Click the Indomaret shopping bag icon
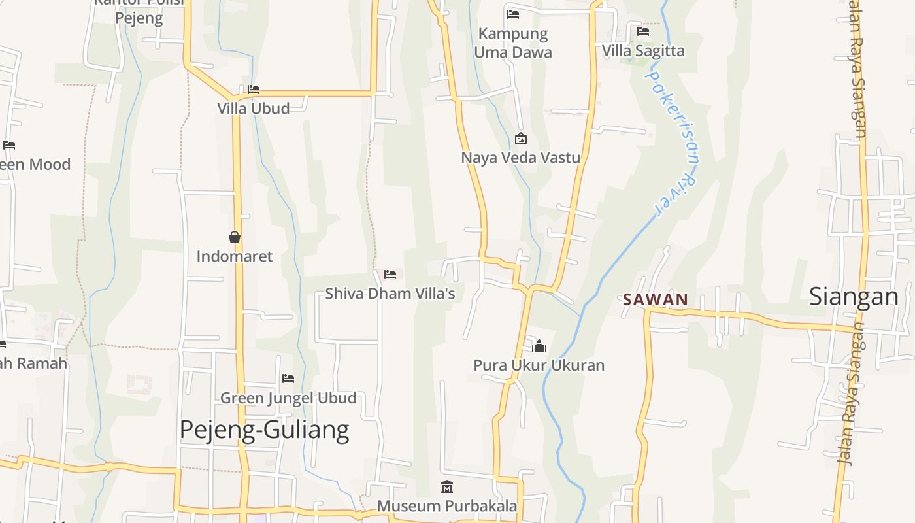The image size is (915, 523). (x=235, y=237)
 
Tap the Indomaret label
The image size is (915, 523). (x=235, y=256)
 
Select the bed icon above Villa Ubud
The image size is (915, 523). (x=254, y=90)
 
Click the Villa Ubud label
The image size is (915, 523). (x=254, y=109)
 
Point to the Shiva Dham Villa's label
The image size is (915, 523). (x=390, y=294)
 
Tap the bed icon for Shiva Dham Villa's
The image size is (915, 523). (x=390, y=275)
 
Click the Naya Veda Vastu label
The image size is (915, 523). (x=521, y=158)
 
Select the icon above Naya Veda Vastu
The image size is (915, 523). (x=521, y=139)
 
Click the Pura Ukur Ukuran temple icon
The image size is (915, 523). (x=539, y=346)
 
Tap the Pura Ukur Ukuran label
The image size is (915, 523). (x=539, y=365)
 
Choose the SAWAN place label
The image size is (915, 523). (x=656, y=300)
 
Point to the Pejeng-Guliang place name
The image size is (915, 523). (x=264, y=430)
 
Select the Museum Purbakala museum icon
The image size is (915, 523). (x=447, y=487)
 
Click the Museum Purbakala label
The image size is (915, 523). (x=447, y=506)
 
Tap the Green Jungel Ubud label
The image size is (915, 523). (x=288, y=398)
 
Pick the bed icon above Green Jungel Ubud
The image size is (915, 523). (x=288, y=379)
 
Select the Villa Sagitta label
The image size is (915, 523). (x=643, y=51)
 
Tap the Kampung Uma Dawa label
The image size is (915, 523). (x=513, y=43)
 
